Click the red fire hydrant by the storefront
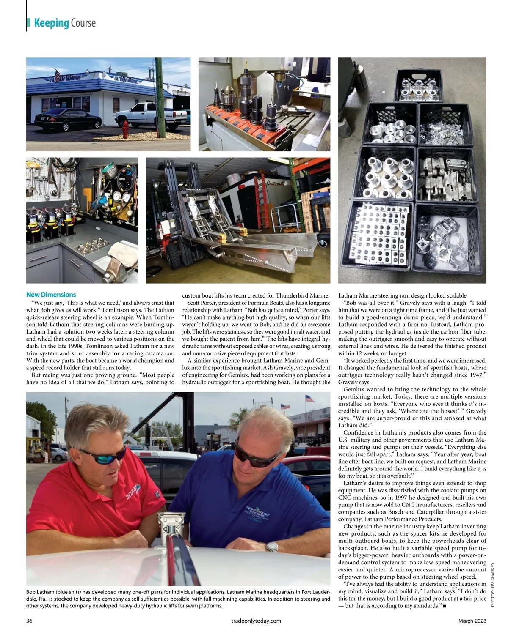[125, 129]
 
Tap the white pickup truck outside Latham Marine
[146, 115]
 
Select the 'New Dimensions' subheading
[51, 295]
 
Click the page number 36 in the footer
[30, 621]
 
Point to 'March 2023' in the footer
[472, 621]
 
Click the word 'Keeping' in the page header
[51, 23]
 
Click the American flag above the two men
[310, 399]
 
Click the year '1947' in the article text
[474, 375]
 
